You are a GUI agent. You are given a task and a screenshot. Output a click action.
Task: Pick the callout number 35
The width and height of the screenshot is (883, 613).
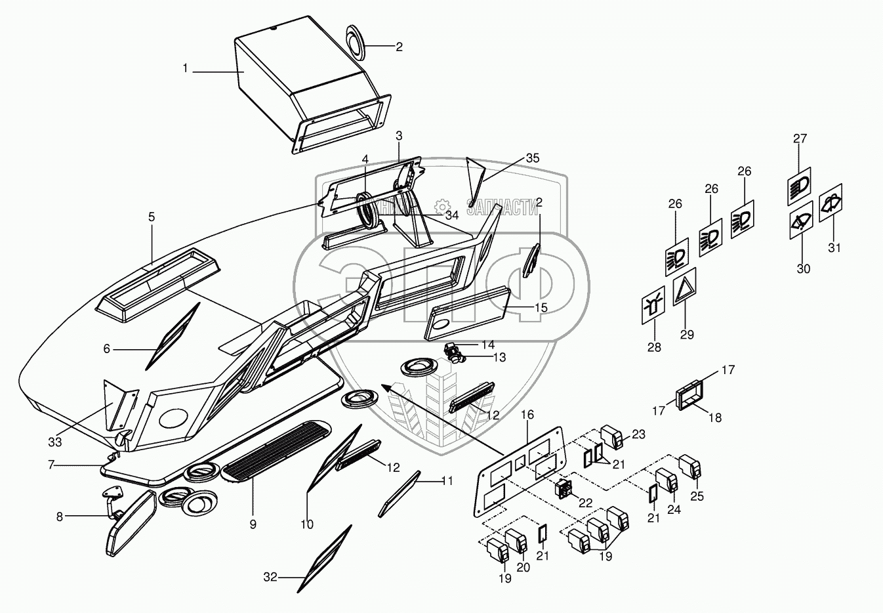533,158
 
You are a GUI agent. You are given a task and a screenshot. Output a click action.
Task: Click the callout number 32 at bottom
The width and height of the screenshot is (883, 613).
270,578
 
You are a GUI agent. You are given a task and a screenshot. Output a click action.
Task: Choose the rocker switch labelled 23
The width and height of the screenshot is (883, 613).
615,438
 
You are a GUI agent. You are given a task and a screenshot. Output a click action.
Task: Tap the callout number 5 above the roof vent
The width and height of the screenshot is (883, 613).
152,217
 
